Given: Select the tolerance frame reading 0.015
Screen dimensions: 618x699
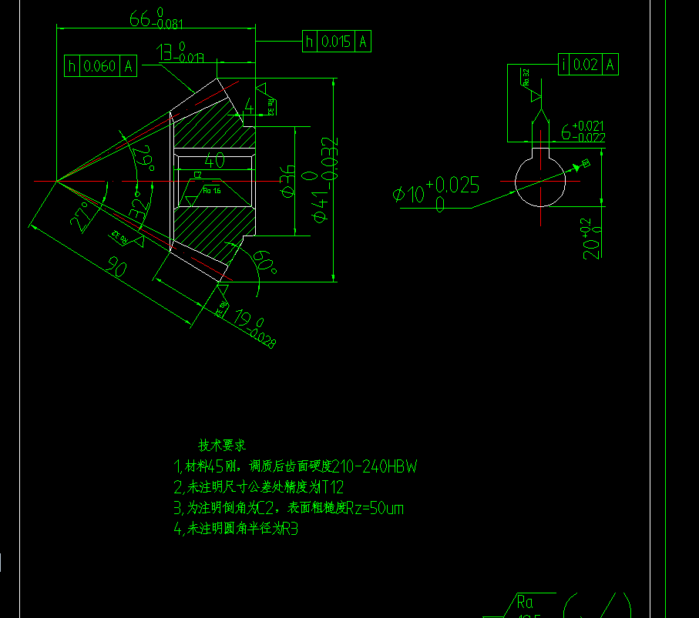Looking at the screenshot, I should pos(337,42).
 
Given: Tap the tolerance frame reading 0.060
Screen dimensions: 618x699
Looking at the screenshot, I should pos(100,66).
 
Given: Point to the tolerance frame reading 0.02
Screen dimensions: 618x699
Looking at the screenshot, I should pos(587,65).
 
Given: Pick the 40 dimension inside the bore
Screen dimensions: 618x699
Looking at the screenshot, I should pos(214,162).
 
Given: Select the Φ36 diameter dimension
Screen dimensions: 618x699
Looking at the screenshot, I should pos(287,181).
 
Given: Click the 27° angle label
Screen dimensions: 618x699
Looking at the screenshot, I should pos(86,216).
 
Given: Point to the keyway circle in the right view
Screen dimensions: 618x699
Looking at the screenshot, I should pos(540,182).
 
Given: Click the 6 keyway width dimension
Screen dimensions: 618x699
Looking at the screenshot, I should pos(582,131).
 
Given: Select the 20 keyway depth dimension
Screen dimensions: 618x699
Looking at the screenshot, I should pos(591,239).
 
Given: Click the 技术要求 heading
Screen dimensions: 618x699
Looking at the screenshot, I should pos(222,445).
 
